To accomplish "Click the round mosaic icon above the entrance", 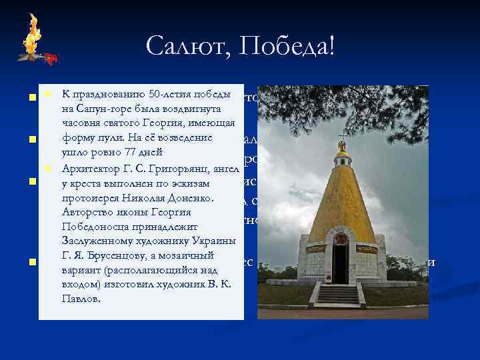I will click(340, 239).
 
